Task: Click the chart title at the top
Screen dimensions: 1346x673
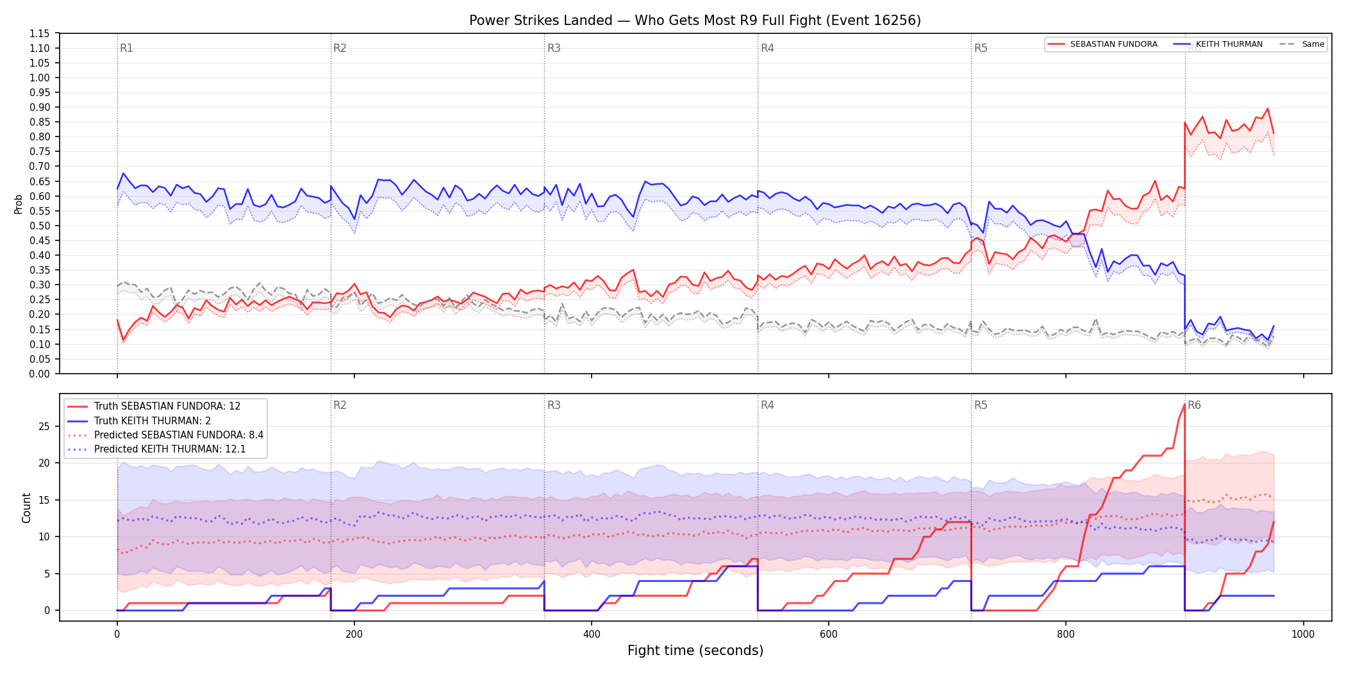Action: (x=695, y=21)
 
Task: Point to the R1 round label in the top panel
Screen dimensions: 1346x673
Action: (x=126, y=48)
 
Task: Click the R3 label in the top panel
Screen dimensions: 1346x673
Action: (x=554, y=48)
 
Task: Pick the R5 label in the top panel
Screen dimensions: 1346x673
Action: (x=981, y=48)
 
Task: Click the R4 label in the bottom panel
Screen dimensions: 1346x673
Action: (x=767, y=405)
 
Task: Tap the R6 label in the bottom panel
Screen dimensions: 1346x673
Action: (x=1194, y=405)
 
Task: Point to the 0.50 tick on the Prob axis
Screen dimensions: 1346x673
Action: (x=40, y=226)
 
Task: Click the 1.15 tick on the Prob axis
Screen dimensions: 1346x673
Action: (x=40, y=33)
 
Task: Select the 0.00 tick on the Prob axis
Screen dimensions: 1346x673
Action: (x=40, y=374)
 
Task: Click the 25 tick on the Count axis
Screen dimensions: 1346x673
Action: (x=44, y=426)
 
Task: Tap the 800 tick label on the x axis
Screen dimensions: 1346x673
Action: (x=1066, y=635)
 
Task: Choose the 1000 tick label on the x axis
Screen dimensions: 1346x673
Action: (x=1303, y=635)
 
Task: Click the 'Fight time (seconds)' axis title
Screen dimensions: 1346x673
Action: (x=695, y=651)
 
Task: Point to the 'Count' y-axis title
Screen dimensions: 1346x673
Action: (x=26, y=508)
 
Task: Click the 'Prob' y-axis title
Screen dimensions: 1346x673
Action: (x=19, y=204)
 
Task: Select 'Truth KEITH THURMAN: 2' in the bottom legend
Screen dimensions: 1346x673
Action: (x=153, y=420)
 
